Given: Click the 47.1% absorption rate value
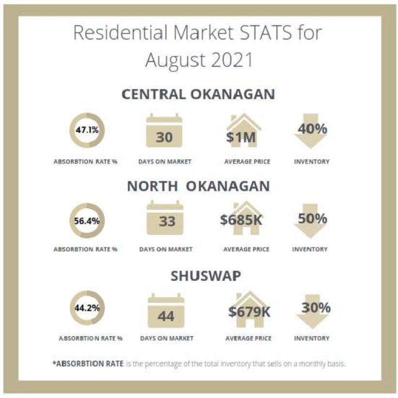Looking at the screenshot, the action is (x=87, y=130).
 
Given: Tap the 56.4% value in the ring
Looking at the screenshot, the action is (x=87, y=221).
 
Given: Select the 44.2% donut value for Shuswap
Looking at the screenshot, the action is (x=87, y=308).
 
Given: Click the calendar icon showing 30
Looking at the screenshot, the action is (x=164, y=130).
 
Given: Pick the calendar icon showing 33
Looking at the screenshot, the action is (x=165, y=218).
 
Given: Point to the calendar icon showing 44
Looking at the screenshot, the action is (x=166, y=311).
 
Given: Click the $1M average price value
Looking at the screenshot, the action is (x=241, y=138).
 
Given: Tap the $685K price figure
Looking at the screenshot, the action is (x=241, y=220).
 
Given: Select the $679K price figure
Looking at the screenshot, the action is (x=249, y=312).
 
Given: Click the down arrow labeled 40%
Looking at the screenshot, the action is (x=311, y=131).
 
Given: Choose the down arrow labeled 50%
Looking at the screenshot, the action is (x=310, y=221).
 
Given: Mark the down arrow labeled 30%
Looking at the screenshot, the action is (x=312, y=311).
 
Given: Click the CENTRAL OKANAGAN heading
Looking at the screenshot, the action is (x=198, y=94).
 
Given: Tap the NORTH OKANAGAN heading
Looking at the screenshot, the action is (x=198, y=186).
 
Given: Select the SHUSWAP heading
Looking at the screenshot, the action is (x=206, y=276).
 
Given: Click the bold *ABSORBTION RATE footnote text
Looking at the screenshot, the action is (x=88, y=364).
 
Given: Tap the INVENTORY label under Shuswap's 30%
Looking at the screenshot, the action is (x=312, y=338).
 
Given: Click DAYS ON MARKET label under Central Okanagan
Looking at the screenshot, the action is (x=165, y=162).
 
